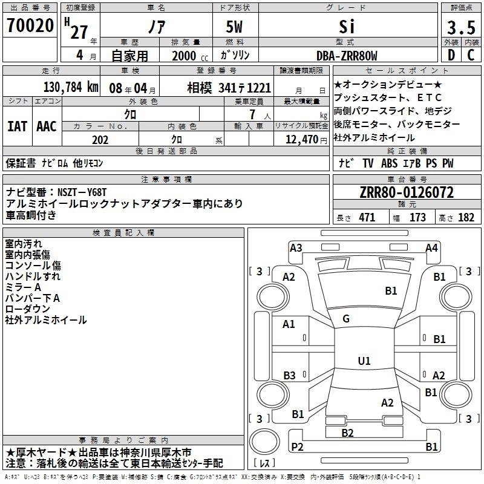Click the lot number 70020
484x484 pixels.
coord(30,25)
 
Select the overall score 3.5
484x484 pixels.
coord(461,28)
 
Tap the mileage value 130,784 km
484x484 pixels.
coord(71,87)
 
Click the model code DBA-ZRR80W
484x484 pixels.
coord(347,56)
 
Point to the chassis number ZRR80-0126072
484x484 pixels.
coord(407,192)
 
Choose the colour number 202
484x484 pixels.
coord(100,140)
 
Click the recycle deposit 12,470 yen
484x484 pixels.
coord(306,140)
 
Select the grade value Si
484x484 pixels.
coord(347,27)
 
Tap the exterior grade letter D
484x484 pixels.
coord(451,55)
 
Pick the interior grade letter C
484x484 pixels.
coord(471,55)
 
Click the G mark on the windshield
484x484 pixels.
coord(346,319)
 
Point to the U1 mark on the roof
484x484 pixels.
coord(364,361)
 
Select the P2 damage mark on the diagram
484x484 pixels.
coord(297,446)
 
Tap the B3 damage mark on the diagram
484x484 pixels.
coord(289,375)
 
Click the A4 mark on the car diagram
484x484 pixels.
coord(431,248)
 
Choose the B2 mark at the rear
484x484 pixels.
coord(347,433)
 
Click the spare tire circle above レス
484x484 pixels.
coord(264,442)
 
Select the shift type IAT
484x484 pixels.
coord(17,126)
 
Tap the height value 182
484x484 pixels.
coord(466,218)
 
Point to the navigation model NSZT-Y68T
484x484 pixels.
coord(82,192)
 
